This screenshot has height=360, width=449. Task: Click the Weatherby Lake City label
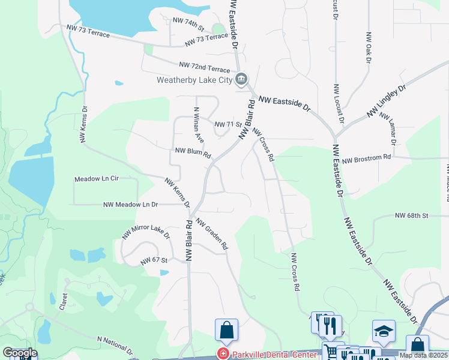194,80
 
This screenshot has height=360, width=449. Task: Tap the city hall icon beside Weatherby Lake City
241,79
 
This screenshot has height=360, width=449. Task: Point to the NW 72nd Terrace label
204,67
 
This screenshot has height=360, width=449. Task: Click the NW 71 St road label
228,125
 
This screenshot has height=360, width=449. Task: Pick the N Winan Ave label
199,125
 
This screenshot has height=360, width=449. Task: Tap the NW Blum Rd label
193,154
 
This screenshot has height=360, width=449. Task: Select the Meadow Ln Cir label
97,179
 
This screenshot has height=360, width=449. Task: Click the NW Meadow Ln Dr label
130,205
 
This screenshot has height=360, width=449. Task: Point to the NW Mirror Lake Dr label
146,232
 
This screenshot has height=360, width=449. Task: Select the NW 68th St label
411,215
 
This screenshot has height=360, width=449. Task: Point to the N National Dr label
115,344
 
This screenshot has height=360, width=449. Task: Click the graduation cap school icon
384,331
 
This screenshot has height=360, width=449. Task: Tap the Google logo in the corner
20,353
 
